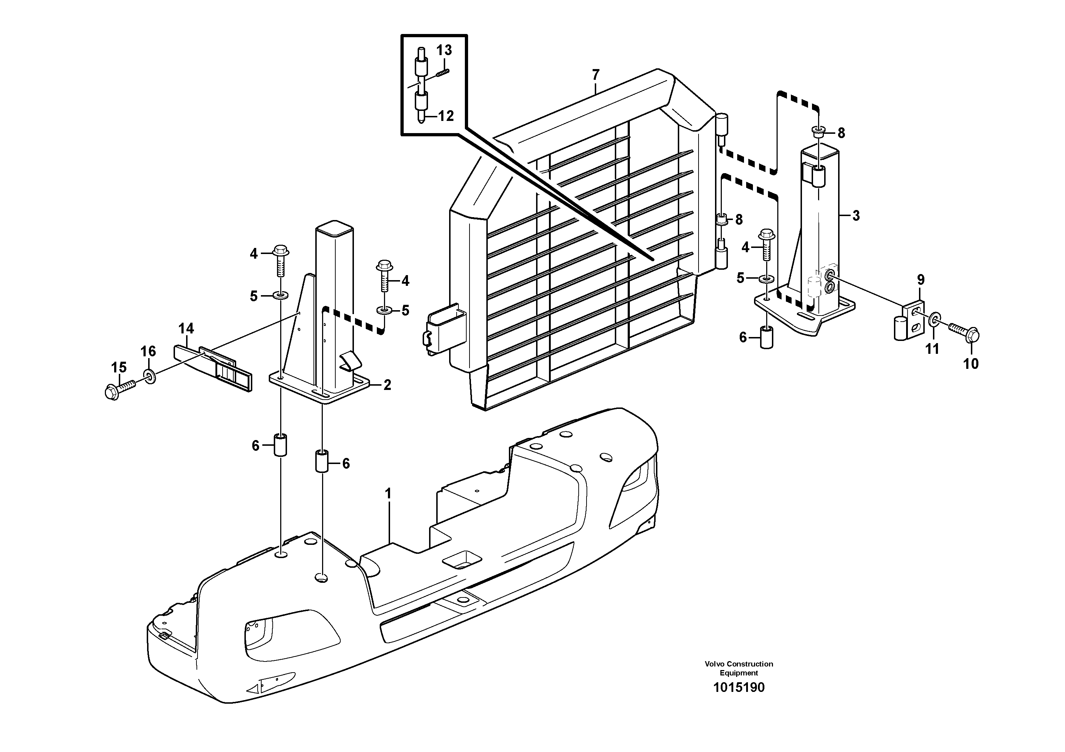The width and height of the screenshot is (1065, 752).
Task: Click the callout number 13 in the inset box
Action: (x=444, y=50)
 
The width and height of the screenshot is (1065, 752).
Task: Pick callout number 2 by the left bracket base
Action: (x=387, y=385)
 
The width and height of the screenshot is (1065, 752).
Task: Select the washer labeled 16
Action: (x=150, y=375)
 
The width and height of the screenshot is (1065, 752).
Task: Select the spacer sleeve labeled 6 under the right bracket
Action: (x=767, y=337)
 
